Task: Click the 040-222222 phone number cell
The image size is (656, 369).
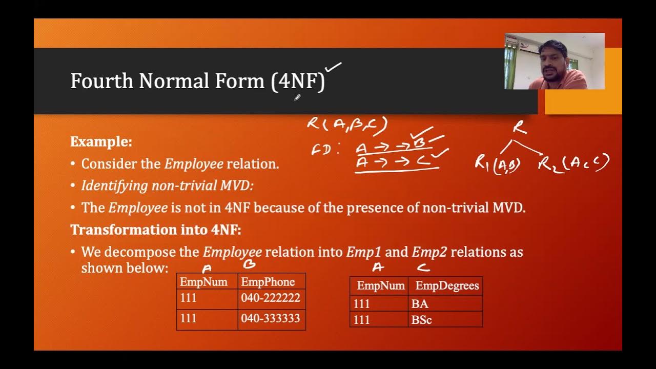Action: pos(271,298)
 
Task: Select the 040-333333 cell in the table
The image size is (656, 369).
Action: pos(271,319)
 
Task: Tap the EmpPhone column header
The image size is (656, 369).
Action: pos(268,282)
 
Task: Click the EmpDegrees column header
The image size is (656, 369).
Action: pos(447,285)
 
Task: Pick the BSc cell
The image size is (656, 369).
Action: pos(421,320)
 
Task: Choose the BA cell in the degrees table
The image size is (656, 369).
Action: pos(420,304)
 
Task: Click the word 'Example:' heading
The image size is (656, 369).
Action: pos(101,141)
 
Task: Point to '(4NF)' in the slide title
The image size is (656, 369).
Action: pos(298,81)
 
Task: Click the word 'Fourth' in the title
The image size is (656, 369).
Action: pos(101,81)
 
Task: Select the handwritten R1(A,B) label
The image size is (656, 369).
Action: pos(497,164)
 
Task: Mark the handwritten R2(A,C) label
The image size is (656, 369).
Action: pos(573,163)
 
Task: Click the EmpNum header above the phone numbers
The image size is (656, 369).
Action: pos(203,282)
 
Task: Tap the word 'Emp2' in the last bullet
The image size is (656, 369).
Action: pos(429,252)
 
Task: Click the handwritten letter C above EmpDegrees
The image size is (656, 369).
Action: pos(423,267)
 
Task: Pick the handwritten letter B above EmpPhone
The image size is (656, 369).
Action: pos(249,265)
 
